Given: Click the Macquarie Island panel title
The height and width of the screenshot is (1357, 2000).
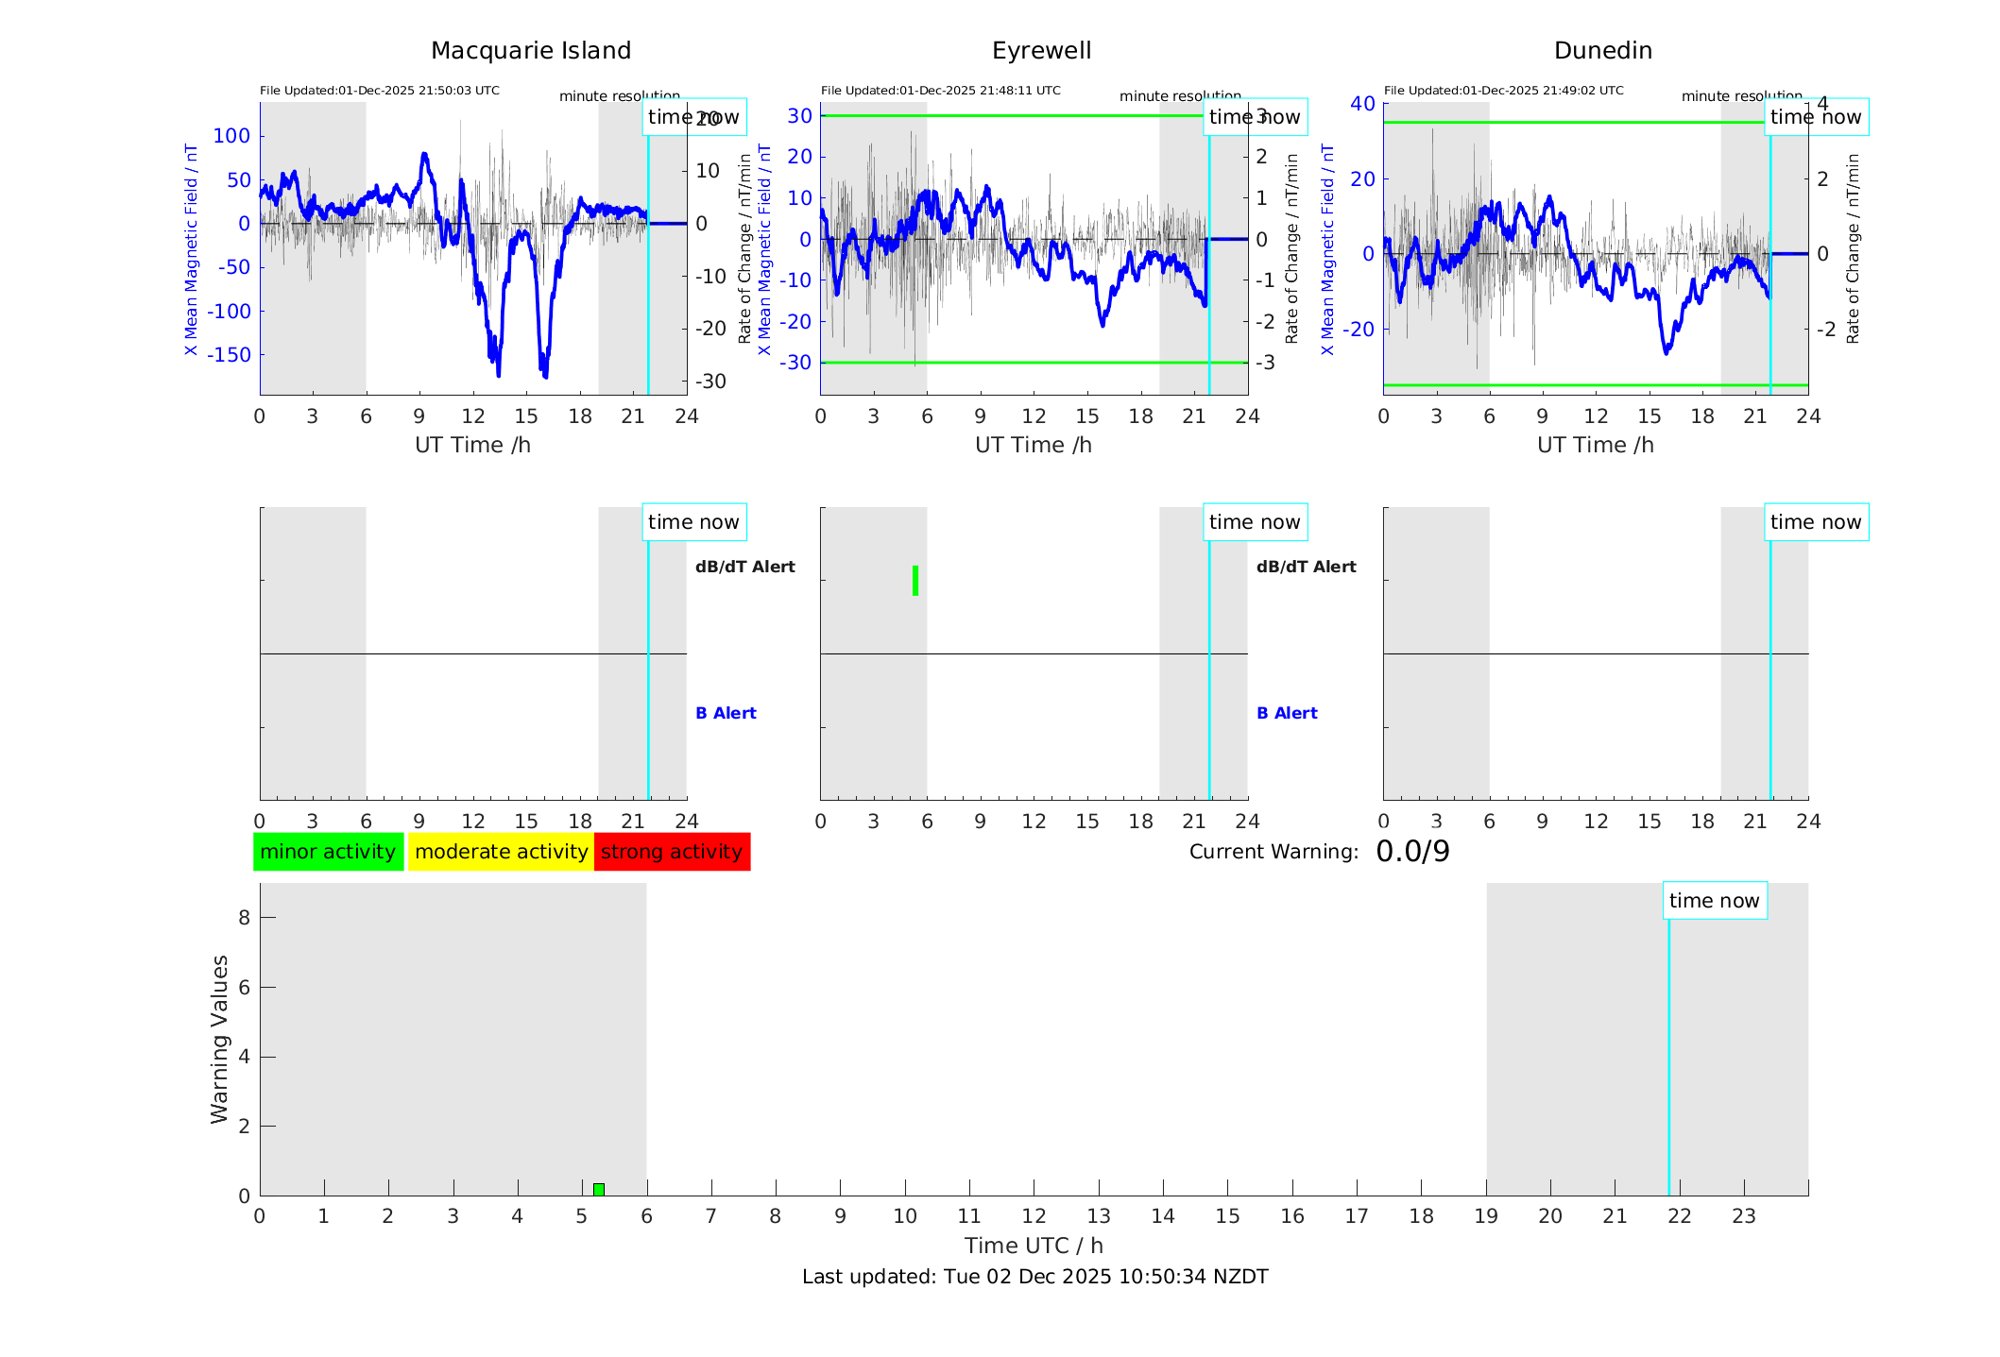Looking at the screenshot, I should [x=530, y=51].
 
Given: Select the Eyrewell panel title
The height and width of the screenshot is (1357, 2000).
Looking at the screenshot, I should [x=1041, y=51].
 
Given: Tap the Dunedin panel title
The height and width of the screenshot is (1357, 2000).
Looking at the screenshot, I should [x=1602, y=51].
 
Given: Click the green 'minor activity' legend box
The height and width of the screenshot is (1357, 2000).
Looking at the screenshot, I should [x=328, y=852].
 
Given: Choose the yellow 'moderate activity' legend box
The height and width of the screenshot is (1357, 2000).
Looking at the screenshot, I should [x=501, y=852].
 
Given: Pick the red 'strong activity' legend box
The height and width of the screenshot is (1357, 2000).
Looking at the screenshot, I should [x=672, y=852].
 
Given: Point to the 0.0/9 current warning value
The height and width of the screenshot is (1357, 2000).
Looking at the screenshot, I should [x=1412, y=852].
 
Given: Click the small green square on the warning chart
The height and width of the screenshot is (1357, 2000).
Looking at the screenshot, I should [x=599, y=1189].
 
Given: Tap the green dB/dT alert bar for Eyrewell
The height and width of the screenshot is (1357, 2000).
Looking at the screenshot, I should [x=915, y=581].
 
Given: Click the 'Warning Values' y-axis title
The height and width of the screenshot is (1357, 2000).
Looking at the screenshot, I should [x=220, y=1039].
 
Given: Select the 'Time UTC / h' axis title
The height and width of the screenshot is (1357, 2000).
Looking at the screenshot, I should [x=1034, y=1246].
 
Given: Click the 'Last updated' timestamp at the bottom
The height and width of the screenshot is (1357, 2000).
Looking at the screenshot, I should [x=1034, y=1277].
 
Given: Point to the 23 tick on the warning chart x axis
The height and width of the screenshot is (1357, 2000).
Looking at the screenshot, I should [x=1743, y=1216].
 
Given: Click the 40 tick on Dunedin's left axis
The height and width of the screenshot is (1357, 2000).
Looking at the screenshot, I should [x=1361, y=103].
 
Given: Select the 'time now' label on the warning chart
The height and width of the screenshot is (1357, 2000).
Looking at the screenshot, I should [x=1714, y=901].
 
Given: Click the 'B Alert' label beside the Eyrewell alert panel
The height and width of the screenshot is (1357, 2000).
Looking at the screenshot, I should [x=1287, y=713].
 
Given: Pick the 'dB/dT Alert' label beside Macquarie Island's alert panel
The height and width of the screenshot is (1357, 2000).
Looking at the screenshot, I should [x=744, y=567].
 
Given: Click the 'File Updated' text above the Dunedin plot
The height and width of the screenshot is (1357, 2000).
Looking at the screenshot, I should [x=1503, y=91].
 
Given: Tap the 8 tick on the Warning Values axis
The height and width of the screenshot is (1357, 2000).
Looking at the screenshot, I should [x=244, y=917].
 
